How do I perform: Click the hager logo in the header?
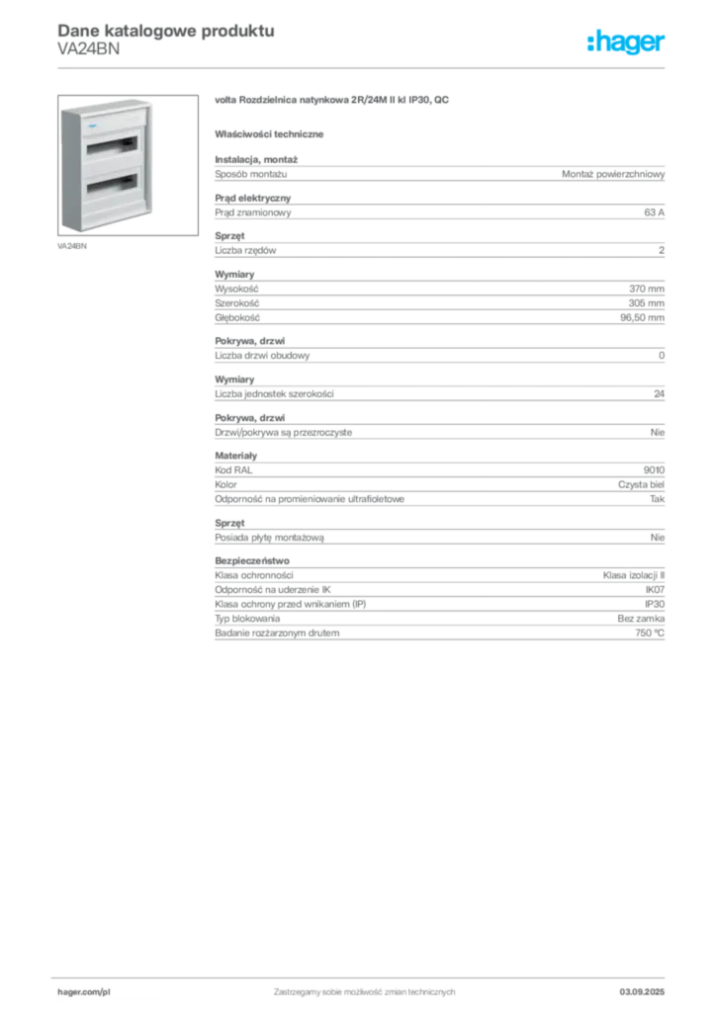pos(625,42)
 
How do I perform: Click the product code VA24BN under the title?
pos(88,49)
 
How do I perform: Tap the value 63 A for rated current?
pos(654,212)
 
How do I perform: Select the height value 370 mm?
pos(646,289)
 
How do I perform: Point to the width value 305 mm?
pos(646,302)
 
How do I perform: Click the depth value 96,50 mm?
pos(642,317)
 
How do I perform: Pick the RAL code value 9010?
pos(654,469)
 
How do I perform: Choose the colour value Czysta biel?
pos(641,484)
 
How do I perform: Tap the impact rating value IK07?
pos(655,589)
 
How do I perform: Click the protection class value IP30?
pos(655,604)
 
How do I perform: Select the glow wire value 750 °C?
pos(650,633)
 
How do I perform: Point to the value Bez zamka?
pos(641,619)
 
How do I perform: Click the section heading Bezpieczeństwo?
pos(252,561)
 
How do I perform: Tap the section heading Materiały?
pos(235,456)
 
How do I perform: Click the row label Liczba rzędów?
pos(245,250)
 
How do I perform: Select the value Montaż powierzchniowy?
pos(613,174)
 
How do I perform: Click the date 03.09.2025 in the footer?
pos(642,992)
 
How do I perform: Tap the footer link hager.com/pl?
pos(84,992)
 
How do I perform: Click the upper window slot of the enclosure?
pos(113,145)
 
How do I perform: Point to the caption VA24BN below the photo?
pos(71,246)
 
